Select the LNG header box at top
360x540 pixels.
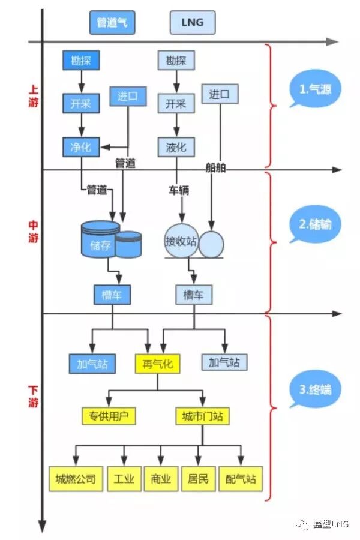click(x=193, y=23)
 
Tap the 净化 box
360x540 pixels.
click(x=81, y=146)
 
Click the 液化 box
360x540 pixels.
click(x=176, y=146)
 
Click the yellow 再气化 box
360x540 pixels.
click(x=157, y=364)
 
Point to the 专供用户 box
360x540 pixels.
click(x=109, y=416)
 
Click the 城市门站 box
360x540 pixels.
click(x=202, y=416)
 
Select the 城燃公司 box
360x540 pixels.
click(x=75, y=479)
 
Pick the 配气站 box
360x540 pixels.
click(x=241, y=479)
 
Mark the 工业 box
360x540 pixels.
click(x=124, y=479)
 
